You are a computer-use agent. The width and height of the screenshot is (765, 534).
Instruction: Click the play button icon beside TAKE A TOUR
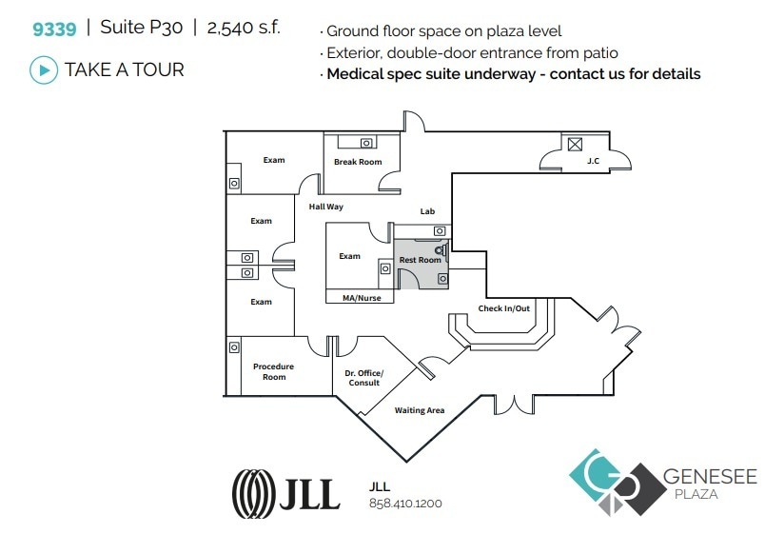click(x=43, y=69)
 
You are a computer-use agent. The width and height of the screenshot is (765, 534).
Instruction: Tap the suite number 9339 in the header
click(x=54, y=27)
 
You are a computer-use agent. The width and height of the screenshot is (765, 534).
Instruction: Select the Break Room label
click(x=358, y=162)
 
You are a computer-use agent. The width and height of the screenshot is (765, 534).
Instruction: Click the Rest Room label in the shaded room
click(x=420, y=260)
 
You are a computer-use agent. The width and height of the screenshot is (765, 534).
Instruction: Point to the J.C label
click(x=593, y=161)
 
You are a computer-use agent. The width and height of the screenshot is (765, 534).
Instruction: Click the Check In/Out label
click(x=503, y=308)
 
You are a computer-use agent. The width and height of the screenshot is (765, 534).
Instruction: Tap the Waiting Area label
click(x=420, y=410)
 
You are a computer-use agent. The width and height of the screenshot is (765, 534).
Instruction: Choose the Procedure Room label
click(x=273, y=371)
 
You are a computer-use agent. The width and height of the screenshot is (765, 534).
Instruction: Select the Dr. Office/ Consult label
click(x=364, y=378)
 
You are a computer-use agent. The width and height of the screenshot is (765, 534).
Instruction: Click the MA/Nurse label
click(x=361, y=298)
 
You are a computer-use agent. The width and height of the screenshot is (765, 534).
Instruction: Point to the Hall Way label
click(x=325, y=207)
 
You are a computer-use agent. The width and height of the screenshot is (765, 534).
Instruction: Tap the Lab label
click(x=427, y=212)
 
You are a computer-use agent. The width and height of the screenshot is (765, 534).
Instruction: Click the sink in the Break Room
click(x=366, y=143)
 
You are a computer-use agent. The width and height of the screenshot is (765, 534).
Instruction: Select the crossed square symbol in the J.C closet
click(x=574, y=145)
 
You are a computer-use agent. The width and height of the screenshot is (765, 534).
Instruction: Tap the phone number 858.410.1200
click(x=405, y=504)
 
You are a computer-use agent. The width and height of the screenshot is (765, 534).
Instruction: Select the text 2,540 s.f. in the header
click(x=245, y=27)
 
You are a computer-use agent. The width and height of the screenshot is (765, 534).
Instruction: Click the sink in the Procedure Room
click(x=234, y=347)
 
